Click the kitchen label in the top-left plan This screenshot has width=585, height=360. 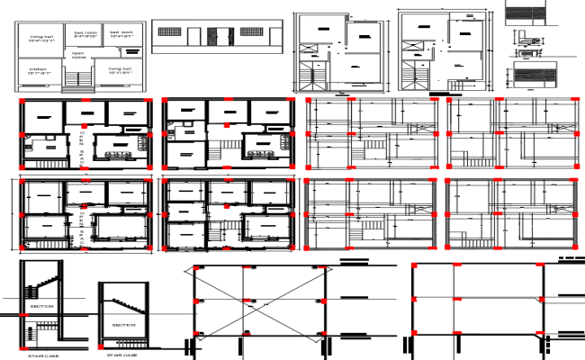click(x=39, y=69)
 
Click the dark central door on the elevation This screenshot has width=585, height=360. click(x=214, y=36)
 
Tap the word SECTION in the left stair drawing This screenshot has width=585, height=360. click(x=41, y=307)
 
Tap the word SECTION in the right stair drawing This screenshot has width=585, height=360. click(x=123, y=324)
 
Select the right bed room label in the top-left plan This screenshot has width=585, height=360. click(x=122, y=33)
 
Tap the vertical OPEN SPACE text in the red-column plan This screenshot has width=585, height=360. click(x=81, y=144)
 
